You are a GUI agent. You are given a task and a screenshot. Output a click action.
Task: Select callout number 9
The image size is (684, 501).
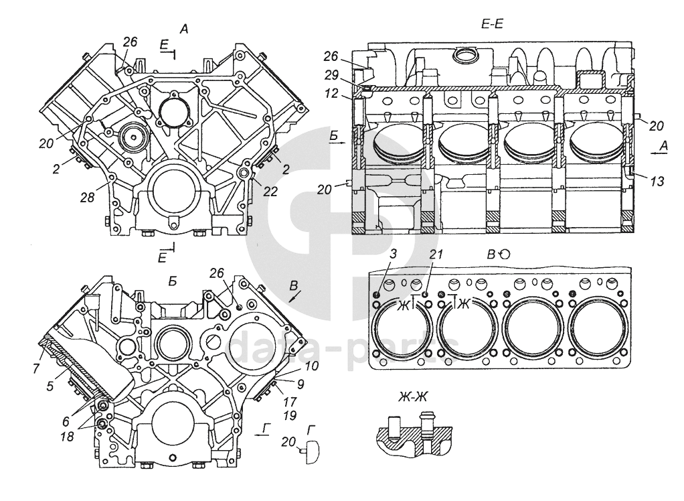pos(301,385)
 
